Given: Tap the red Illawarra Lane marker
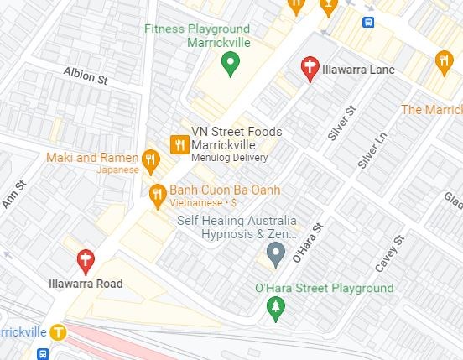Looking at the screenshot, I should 310,68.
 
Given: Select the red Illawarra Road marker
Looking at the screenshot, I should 85,261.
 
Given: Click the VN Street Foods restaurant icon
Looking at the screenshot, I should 179,144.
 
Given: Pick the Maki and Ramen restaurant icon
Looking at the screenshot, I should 150,159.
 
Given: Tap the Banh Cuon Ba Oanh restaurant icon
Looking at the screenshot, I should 157,196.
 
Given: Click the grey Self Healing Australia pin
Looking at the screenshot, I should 275,251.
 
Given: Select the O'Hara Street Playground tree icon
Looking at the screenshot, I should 275,309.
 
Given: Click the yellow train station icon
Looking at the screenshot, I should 58,331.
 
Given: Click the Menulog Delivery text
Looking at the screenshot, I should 230,157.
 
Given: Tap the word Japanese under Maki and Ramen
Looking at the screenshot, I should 117,170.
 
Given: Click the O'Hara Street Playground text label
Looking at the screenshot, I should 324,289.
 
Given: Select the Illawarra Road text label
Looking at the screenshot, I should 85,284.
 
